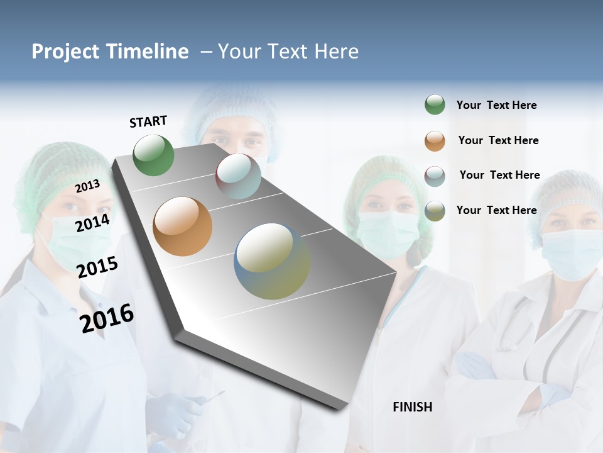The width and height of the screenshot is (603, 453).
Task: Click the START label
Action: [148, 121]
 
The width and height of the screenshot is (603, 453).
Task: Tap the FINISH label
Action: [412, 407]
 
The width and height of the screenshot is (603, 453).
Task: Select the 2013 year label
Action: [87, 186]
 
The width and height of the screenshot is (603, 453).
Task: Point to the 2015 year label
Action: [97, 267]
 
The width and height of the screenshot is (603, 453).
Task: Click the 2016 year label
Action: [107, 318]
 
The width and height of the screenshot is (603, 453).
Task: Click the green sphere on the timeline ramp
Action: [154, 155]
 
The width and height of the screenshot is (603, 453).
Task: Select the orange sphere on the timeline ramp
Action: [182, 226]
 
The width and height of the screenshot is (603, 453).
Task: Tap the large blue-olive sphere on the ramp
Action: [272, 261]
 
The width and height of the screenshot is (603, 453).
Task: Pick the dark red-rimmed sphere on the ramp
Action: [238, 176]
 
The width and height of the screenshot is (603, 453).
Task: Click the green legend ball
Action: [435, 105]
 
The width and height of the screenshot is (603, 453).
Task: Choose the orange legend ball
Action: [435, 141]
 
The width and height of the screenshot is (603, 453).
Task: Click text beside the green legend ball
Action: [496, 105]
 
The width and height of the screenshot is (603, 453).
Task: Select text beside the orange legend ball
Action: [498, 140]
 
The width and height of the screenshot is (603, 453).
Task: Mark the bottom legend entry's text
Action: [496, 210]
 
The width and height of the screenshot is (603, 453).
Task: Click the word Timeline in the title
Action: [148, 52]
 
